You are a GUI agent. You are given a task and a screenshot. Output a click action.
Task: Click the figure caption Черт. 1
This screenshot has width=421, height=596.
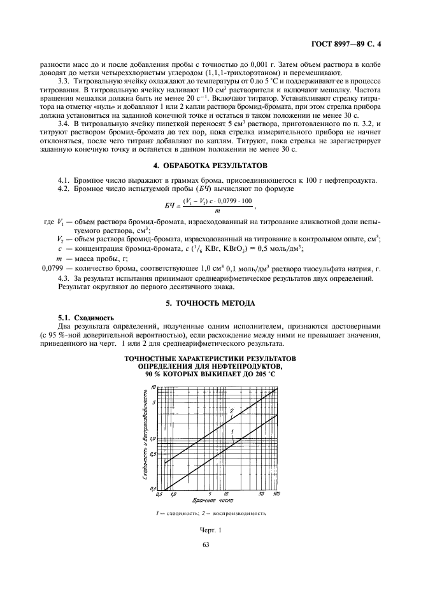[210, 530]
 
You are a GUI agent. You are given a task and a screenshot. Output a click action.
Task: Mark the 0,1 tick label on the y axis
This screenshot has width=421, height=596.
[152, 488]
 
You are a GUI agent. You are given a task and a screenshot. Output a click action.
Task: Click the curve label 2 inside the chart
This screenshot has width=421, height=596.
[232, 410]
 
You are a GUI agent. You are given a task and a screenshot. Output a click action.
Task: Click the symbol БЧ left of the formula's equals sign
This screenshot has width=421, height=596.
[164, 206]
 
